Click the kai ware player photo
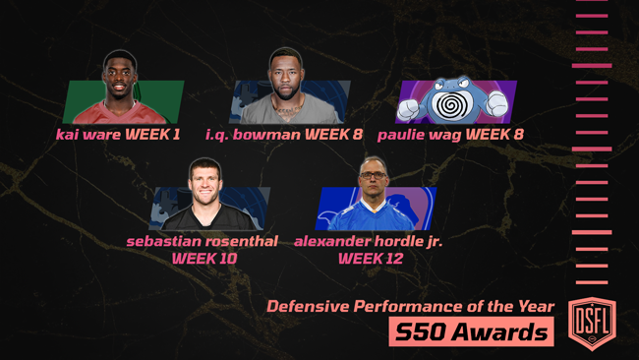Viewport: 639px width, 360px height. tap(121, 89)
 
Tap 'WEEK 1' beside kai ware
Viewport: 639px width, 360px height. tap(152, 134)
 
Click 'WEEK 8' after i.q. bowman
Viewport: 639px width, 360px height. tap(331, 134)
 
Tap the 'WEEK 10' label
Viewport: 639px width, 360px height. tap(203, 258)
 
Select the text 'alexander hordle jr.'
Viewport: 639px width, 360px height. tap(368, 240)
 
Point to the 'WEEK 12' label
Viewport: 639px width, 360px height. tap(370, 258)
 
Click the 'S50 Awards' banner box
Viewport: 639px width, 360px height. tap(470, 332)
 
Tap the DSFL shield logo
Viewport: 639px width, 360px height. tap(592, 320)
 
